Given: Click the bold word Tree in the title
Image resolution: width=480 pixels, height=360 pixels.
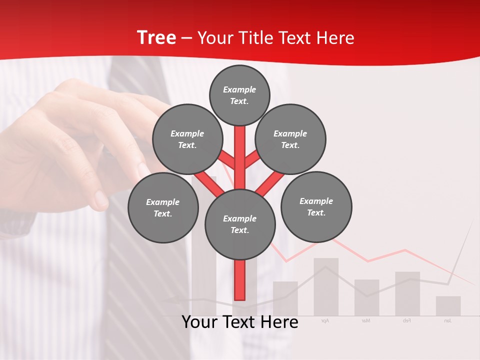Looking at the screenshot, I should tap(156, 38).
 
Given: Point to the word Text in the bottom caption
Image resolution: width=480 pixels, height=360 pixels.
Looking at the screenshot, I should tap(242, 322).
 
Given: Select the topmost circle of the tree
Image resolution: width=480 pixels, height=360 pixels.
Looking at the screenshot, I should tap(239, 95).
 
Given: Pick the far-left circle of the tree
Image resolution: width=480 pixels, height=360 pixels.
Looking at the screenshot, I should tap(163, 208).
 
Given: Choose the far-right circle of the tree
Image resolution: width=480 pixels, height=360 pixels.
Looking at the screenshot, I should tap(316, 207).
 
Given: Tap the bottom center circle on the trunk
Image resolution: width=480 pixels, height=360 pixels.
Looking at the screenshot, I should tap(239, 224).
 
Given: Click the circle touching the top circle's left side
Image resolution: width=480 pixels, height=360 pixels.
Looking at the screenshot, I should tap(187, 139).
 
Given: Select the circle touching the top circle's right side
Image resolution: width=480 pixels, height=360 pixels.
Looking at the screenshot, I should tap(290, 139).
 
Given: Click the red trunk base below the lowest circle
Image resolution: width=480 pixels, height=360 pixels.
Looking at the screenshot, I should tap(239, 280).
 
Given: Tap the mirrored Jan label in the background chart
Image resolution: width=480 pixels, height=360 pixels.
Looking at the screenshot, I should tap(447, 320).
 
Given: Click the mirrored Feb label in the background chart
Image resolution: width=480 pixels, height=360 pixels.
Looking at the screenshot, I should tap(406, 320).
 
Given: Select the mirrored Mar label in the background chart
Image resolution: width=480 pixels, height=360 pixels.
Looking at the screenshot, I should tap(366, 320).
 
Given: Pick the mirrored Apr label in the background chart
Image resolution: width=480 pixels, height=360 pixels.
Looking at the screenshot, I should tap(325, 320).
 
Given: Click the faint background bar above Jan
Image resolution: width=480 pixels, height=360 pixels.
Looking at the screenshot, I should tap(448, 306).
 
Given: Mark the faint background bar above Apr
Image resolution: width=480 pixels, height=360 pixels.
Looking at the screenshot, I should tap(326, 286).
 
